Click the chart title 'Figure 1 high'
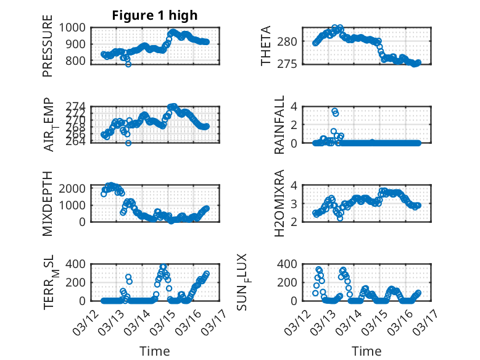[x=154, y=15]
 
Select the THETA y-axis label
[x=267, y=46]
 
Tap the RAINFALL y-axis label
[x=279, y=125]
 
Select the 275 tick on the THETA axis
[x=292, y=64]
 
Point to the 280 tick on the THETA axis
[x=292, y=41]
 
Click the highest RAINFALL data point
[x=334, y=111]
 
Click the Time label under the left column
[x=155, y=351]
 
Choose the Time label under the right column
[x=366, y=351]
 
